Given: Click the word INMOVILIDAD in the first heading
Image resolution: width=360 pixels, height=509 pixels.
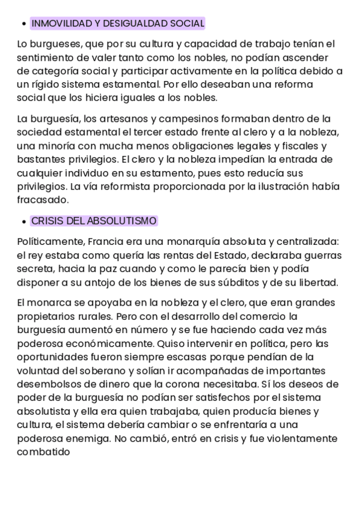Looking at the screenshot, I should coord(61,23).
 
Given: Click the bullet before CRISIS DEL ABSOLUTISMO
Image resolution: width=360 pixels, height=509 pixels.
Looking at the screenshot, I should coord(23,221).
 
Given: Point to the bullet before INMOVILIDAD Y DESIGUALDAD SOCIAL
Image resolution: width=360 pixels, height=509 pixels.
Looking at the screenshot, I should coord(23,24).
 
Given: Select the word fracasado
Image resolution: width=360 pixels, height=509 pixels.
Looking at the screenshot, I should coord(44,200).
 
